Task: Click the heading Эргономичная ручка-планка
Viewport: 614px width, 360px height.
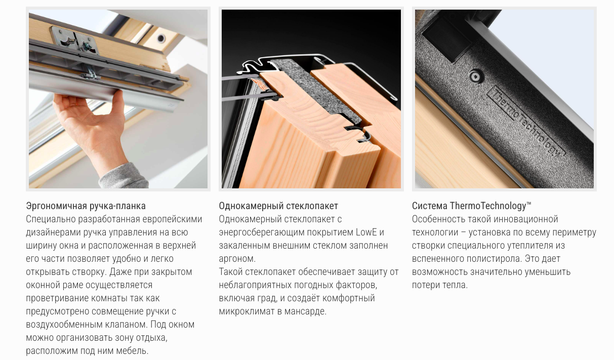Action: pyautogui.click(x=86, y=206)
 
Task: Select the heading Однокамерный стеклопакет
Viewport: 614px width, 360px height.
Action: pyautogui.click(x=278, y=206)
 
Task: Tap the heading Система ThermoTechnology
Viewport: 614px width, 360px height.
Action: pyautogui.click(x=471, y=206)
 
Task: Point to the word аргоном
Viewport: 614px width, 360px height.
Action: pyautogui.click(x=237, y=259)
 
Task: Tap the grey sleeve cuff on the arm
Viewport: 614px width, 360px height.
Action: pyautogui.click(x=124, y=177)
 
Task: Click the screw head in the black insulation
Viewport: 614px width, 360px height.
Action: pyautogui.click(x=476, y=76)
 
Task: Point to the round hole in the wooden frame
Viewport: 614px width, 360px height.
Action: pyautogui.click(x=161, y=37)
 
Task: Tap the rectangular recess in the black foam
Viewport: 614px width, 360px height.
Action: pyautogui.click(x=446, y=40)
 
